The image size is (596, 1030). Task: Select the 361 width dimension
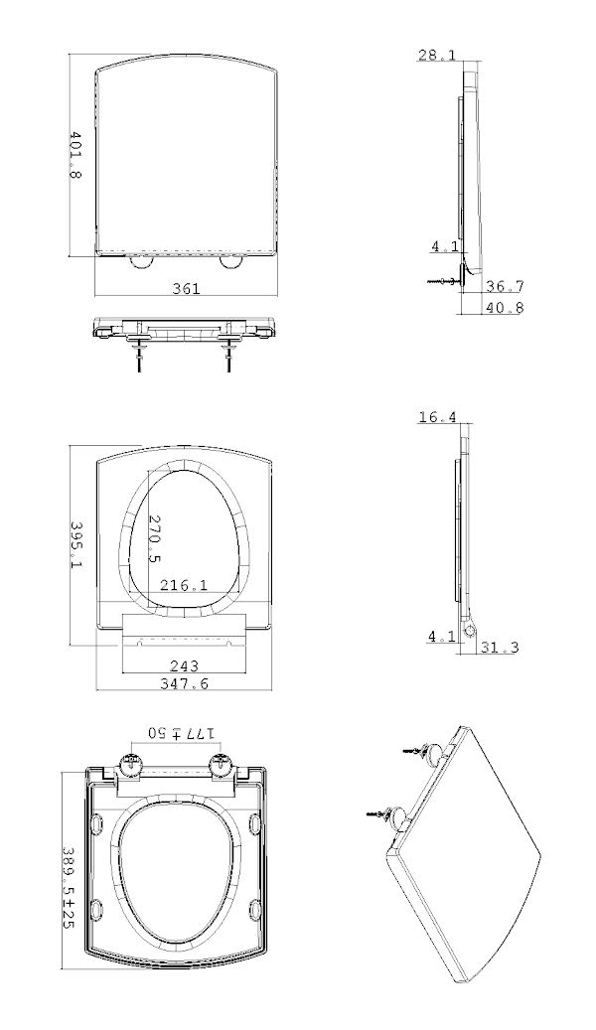click(186, 288)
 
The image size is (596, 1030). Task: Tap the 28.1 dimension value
click(437, 55)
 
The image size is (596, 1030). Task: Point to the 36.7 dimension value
click(505, 286)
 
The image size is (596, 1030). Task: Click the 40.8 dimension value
click(505, 307)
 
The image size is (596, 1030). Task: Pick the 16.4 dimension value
click(437, 416)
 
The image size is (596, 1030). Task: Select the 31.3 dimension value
click(500, 647)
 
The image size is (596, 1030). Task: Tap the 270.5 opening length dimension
click(154, 538)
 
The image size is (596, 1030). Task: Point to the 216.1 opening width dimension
click(185, 585)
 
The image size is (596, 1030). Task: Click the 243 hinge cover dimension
click(185, 666)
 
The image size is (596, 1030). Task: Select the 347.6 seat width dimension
click(185, 683)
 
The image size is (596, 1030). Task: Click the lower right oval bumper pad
click(254, 909)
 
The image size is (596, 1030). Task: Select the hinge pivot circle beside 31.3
click(470, 630)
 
